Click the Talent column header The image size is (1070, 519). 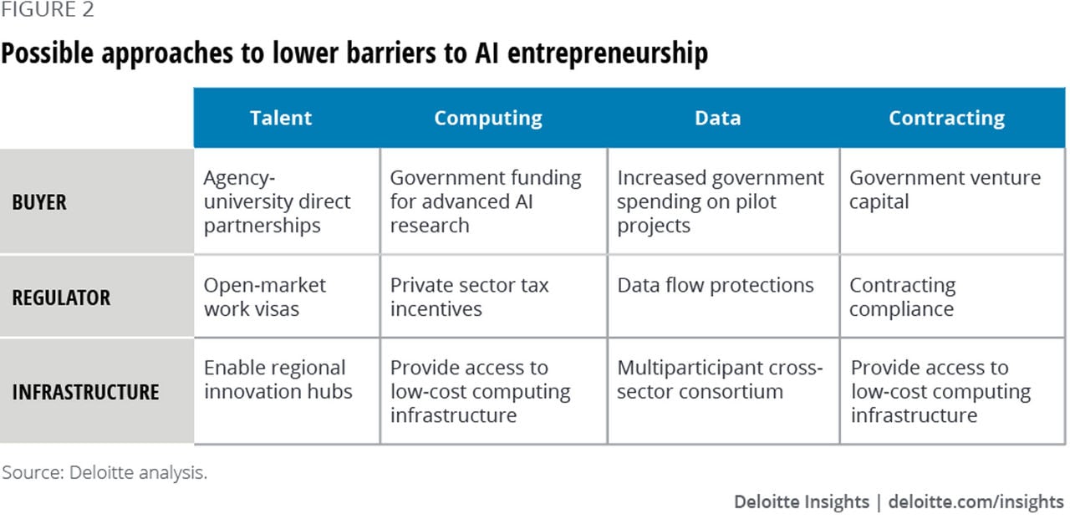281,118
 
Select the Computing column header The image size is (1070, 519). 488,119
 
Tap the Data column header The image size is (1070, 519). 717,118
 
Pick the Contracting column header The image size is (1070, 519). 947,119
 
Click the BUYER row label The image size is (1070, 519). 39,202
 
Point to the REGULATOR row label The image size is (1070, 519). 61,298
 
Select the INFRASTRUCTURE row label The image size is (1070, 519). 85,392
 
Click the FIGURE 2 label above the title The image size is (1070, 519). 48,9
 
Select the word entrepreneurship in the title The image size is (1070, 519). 608,53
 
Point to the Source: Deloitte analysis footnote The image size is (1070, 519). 104,473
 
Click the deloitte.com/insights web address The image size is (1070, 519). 976,501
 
